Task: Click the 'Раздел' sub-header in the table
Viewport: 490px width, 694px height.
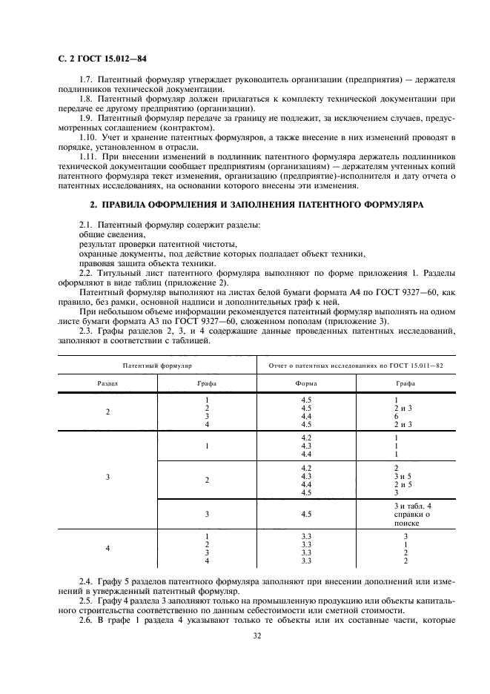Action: click(x=107, y=383)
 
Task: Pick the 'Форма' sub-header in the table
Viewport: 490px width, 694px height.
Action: click(x=306, y=383)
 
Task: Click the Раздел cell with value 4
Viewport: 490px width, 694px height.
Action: click(x=107, y=549)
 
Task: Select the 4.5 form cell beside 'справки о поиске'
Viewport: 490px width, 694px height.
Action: click(x=306, y=513)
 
